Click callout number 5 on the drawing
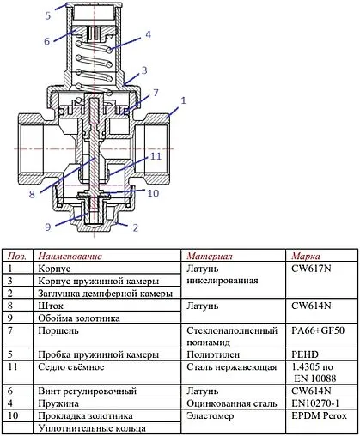point(49,15)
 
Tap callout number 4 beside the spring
point(149,34)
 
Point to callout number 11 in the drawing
point(156,157)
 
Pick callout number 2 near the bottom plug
point(135,227)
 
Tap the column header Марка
point(306,256)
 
